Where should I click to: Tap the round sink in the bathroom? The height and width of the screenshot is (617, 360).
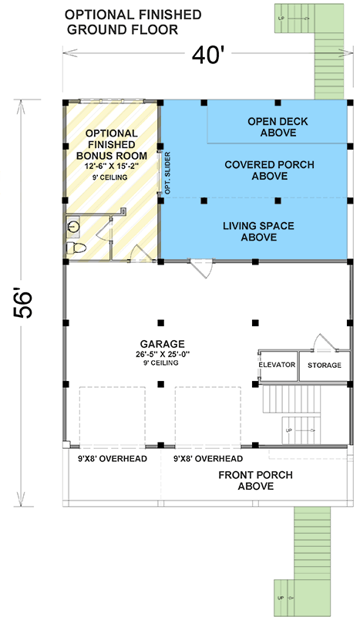pyautogui.click(x=74, y=226)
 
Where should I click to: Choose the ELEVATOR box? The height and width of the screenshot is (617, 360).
pyautogui.click(x=277, y=364)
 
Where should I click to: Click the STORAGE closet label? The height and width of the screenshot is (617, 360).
pyautogui.click(x=321, y=364)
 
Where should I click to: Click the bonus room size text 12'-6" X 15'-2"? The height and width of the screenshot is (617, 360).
pyautogui.click(x=112, y=167)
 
